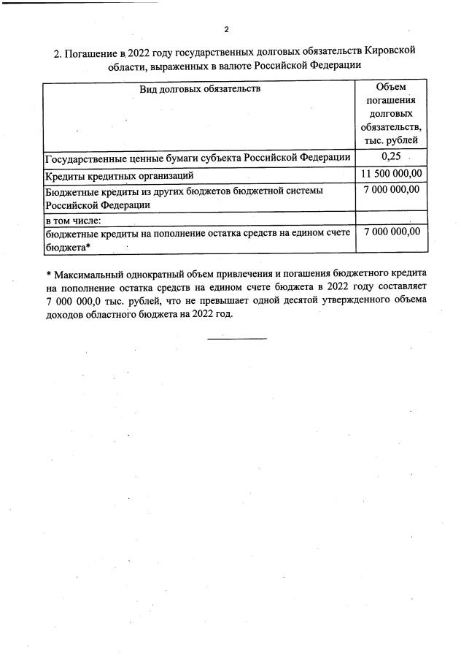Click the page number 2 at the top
(227, 29)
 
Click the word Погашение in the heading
(93, 53)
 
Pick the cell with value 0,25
(390, 157)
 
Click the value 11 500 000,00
(390, 175)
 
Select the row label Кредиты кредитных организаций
(119, 176)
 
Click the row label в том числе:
(73, 219)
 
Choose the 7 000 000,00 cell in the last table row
(390, 232)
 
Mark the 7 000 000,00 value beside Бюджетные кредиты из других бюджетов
(390, 191)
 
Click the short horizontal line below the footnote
(237, 338)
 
